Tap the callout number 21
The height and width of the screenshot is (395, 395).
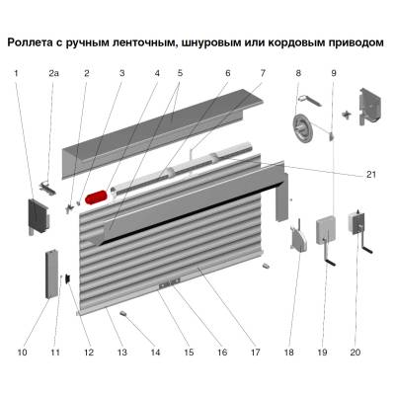point(370,175)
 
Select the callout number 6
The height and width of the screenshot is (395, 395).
point(226,74)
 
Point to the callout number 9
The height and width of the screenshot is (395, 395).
point(335,74)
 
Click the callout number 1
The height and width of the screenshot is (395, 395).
point(17,74)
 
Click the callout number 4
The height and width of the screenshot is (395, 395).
point(156,74)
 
